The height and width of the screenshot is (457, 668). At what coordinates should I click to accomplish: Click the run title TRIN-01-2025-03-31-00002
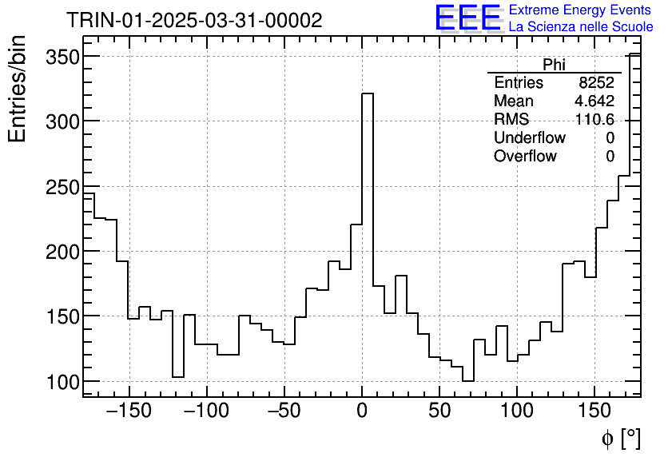tap(194, 20)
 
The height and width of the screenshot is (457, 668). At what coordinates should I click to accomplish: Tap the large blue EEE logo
tap(467, 18)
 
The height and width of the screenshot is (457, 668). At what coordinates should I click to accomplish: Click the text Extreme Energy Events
tap(581, 10)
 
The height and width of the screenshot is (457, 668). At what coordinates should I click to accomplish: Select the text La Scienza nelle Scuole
tap(581, 27)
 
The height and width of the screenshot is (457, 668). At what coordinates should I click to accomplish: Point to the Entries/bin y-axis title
tap(18, 89)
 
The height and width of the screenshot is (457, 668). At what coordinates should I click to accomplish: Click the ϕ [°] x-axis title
tap(620, 438)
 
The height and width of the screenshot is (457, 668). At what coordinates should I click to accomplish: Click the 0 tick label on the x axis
tap(362, 411)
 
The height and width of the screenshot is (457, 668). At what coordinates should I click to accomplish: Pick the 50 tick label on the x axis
tap(439, 411)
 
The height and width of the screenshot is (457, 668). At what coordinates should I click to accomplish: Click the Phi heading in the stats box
tap(554, 65)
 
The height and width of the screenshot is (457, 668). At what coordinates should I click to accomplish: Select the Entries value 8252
tap(597, 83)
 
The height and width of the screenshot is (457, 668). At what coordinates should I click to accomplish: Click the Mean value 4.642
tap(594, 101)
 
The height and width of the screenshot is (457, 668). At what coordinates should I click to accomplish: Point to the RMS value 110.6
tap(594, 120)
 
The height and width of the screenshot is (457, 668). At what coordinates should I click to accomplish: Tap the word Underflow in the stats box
tap(530, 138)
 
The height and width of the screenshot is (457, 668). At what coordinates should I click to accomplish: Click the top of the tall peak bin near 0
tap(368, 94)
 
